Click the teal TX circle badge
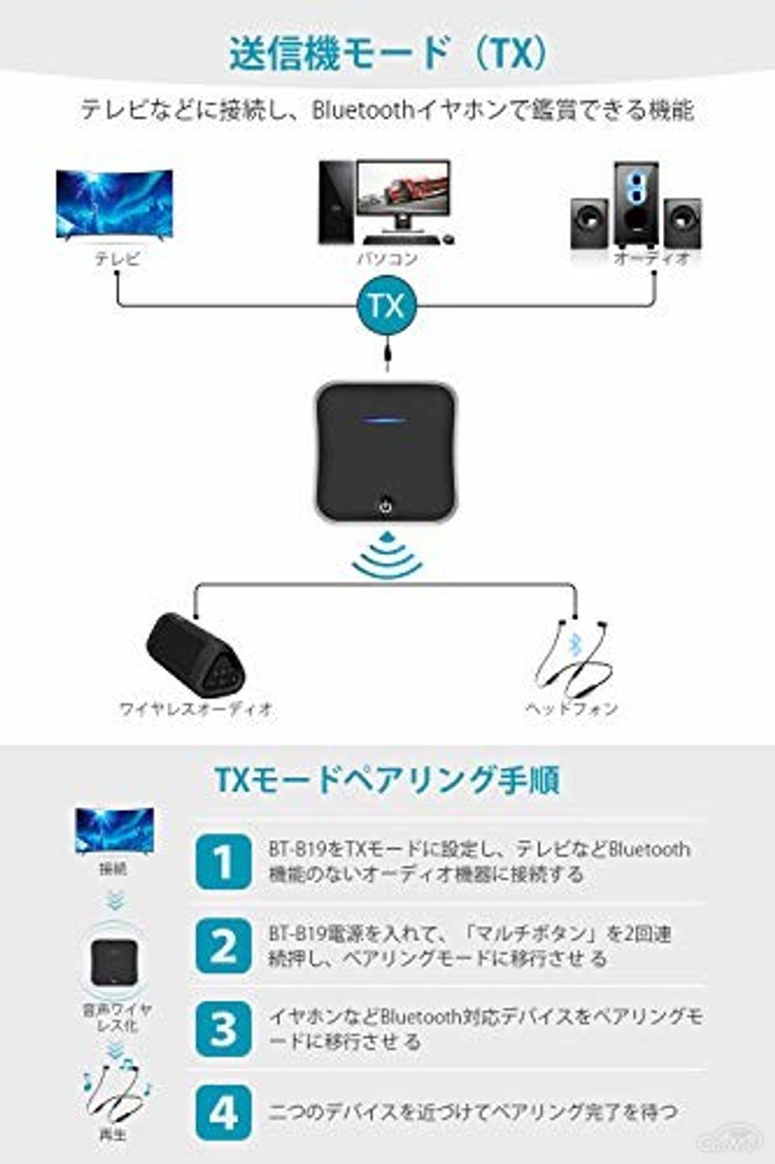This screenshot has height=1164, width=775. coord(386,305)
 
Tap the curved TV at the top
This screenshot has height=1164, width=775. coord(114,205)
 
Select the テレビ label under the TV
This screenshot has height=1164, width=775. coord(117,259)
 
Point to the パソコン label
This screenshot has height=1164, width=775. coord(387,259)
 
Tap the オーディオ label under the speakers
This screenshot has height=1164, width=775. coord(652,259)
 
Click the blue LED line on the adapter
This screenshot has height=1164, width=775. coord(385,421)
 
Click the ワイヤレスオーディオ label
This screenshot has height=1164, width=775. coord(195,708)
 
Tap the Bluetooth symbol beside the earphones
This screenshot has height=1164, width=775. coord(575,644)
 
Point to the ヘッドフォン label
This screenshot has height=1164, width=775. coord(571,708)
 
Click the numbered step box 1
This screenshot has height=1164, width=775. coord(223,862)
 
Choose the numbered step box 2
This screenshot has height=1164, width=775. coord(223,946)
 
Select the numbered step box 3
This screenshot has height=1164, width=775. coord(223,1029)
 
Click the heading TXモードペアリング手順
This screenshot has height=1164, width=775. coord(387,780)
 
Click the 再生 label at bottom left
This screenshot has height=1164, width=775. coord(113,1134)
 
